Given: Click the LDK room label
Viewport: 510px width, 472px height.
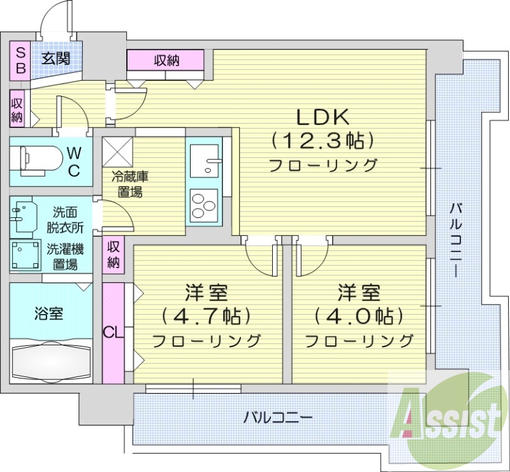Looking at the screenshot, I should coord(323,117).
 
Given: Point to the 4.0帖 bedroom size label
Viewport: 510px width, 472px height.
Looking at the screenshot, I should coord(358,316).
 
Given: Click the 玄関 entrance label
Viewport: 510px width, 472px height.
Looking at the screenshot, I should coord(56,59).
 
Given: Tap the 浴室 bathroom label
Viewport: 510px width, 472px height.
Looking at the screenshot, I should coord(48,313).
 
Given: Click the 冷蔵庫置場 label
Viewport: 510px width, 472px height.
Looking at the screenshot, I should coord(129,184).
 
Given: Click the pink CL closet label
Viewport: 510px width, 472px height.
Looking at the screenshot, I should coord(112,333).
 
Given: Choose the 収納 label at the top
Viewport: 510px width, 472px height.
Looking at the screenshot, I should coord(166,61).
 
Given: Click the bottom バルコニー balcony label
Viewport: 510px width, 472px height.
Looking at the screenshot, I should coord(278,418).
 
